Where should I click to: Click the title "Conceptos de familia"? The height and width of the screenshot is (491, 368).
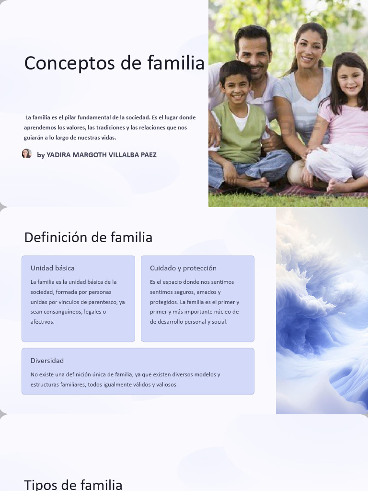click(x=114, y=63)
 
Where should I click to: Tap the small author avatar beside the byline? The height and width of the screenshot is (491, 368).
click(x=27, y=154)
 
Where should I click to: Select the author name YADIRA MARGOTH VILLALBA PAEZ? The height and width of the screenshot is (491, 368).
click(x=102, y=155)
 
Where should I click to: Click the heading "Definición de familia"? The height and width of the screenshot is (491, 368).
click(x=88, y=237)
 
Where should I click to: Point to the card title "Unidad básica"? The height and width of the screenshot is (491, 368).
click(x=53, y=268)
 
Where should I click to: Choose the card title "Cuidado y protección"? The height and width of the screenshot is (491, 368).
click(x=183, y=268)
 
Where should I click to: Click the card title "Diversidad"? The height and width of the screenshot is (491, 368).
click(x=47, y=361)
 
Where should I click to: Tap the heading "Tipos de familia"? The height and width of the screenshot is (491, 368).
click(x=73, y=485)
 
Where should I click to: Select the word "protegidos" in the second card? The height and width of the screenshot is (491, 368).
click(x=163, y=302)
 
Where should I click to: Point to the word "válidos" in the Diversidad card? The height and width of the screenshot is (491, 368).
click(x=139, y=385)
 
